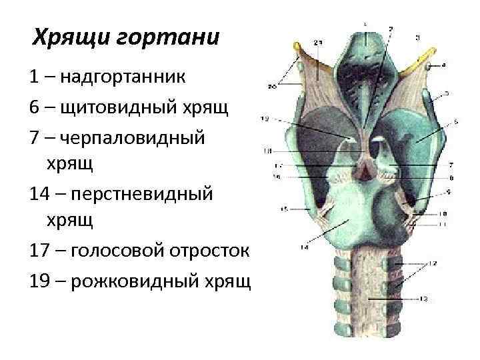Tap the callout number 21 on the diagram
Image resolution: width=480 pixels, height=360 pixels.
[x=319, y=43]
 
